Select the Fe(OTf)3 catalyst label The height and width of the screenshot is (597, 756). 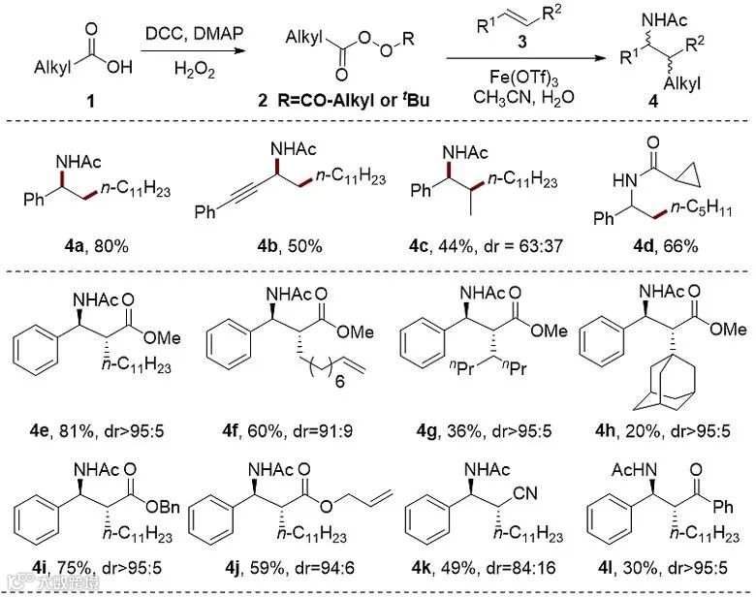pyautogui.click(x=508, y=77)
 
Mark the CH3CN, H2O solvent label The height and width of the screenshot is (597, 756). pyautogui.click(x=508, y=96)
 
